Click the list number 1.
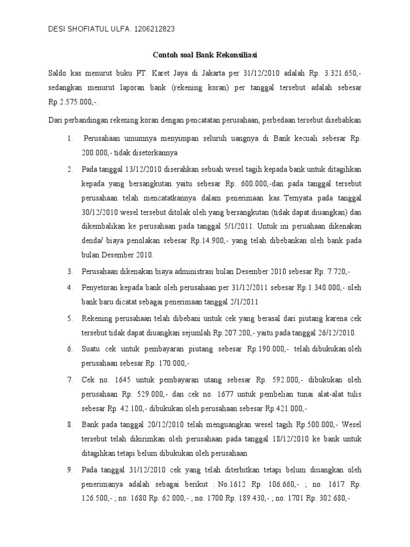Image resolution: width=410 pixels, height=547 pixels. click(70, 138)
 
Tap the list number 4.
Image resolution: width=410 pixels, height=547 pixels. click(70, 287)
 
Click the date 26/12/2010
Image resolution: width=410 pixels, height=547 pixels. click(335, 333)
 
